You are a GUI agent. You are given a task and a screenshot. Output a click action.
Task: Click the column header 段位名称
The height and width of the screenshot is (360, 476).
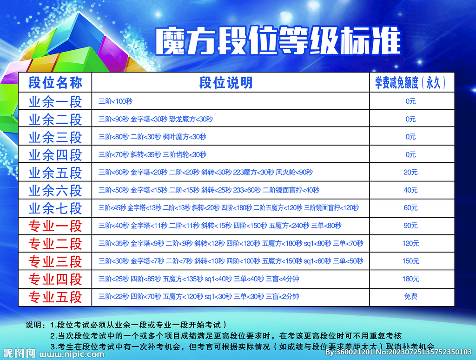tap(55, 83)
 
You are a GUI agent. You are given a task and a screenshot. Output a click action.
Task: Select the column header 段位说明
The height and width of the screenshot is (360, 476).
tap(226, 83)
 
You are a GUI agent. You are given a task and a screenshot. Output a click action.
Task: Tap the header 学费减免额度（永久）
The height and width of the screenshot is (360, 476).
tap(411, 83)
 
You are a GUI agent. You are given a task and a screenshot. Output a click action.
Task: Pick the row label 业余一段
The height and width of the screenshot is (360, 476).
tap(55, 101)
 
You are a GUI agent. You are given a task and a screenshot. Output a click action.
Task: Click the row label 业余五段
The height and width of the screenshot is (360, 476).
tap(55, 173)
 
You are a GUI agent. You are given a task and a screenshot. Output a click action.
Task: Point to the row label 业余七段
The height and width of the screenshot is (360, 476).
tap(55, 208)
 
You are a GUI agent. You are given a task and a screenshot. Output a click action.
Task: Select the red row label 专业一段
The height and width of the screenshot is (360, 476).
tap(55, 226)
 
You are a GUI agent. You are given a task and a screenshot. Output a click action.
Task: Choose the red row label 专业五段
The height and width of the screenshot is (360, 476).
tap(55, 297)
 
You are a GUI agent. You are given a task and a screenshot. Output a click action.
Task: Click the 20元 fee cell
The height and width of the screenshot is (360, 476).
tap(410, 173)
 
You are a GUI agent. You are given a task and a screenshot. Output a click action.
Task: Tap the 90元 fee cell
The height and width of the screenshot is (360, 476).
tap(410, 226)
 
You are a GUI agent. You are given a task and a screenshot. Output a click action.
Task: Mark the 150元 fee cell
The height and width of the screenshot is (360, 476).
tap(410, 261)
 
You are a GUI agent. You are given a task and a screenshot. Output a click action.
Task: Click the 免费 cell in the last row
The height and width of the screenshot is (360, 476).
tap(410, 297)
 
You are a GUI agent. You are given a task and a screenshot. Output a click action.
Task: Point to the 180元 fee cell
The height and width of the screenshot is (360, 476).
tap(410, 279)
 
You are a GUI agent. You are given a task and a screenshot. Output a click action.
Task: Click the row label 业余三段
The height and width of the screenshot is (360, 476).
tap(55, 137)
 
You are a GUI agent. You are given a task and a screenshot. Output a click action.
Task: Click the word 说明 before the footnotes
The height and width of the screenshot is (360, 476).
tap(34, 325)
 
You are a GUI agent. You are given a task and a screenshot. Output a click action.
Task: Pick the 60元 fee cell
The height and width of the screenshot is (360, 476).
tap(410, 208)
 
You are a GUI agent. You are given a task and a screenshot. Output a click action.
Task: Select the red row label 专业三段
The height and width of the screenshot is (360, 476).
tap(55, 261)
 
